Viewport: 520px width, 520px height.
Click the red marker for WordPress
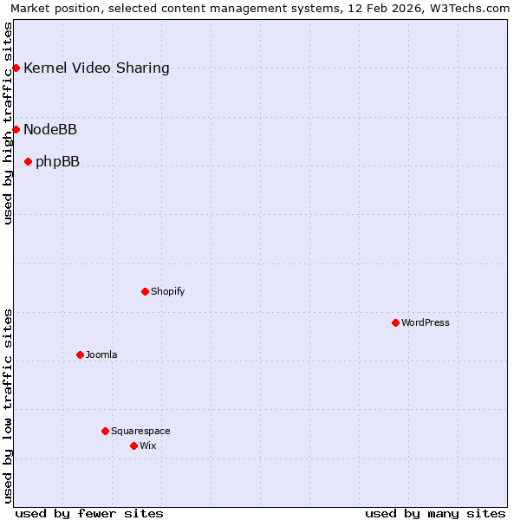[x=395, y=322]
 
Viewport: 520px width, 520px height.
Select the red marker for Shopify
[x=145, y=291]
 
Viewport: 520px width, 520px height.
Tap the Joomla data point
[x=80, y=354]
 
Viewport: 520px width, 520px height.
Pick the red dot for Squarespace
[x=105, y=431]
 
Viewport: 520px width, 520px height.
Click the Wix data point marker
[x=133, y=445]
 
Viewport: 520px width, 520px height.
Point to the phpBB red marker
[x=28, y=161]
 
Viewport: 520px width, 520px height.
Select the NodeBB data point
[x=16, y=129]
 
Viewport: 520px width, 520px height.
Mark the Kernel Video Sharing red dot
[x=16, y=68]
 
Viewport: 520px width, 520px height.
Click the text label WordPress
[x=426, y=322]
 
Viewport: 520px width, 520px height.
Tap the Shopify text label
[x=167, y=291]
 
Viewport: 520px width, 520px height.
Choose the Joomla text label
[x=101, y=354]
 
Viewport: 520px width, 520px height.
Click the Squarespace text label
[x=140, y=431]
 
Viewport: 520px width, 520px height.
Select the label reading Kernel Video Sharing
[x=96, y=68]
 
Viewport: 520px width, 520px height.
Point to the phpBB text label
[x=57, y=161]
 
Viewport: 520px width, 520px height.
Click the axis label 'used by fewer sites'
[x=89, y=513]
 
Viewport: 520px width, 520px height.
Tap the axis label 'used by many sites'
[x=435, y=513]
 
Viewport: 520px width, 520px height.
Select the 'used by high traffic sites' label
[x=8, y=123]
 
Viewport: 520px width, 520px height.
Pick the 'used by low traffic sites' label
[x=8, y=406]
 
